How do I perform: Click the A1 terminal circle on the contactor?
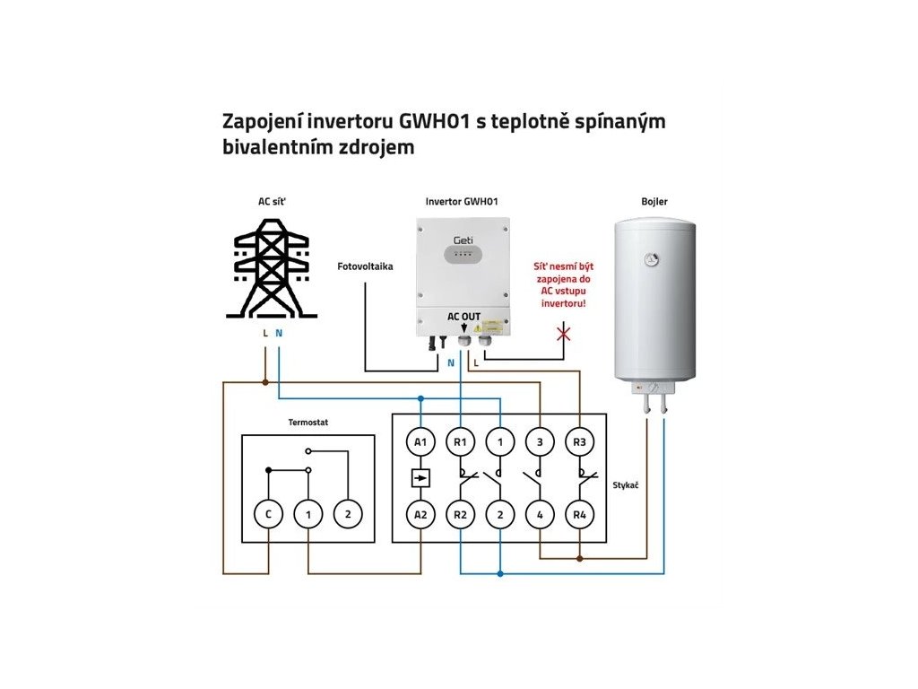(420, 441)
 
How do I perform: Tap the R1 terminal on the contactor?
(461, 441)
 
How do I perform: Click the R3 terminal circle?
(579, 441)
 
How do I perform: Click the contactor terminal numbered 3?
(540, 441)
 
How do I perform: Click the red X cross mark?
(564, 335)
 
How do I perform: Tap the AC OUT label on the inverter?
(463, 317)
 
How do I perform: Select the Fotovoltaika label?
(365, 266)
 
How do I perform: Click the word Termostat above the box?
(307, 421)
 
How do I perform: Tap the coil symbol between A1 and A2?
(420, 478)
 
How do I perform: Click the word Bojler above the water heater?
(654, 202)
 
